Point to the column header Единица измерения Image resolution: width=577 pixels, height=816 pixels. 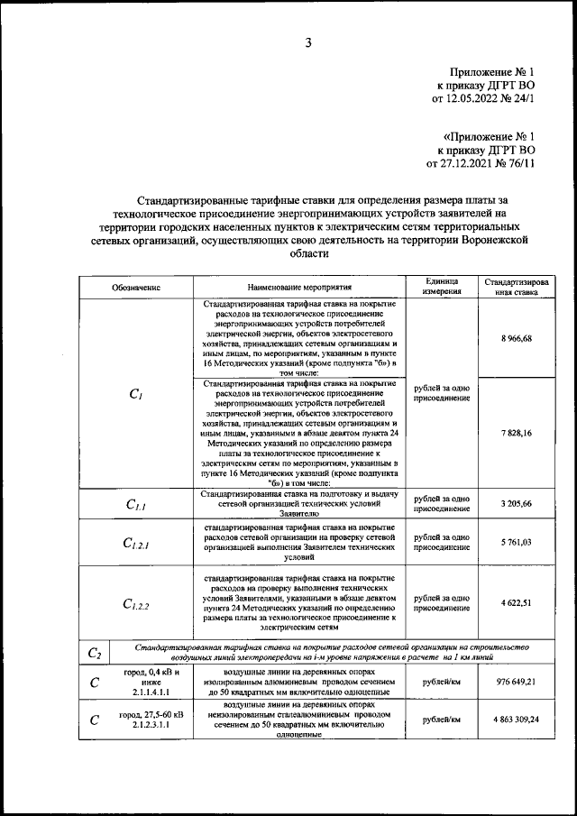click(x=443, y=286)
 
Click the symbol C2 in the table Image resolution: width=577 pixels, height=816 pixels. click(x=95, y=654)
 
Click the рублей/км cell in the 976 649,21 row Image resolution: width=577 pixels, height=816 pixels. click(x=443, y=682)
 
